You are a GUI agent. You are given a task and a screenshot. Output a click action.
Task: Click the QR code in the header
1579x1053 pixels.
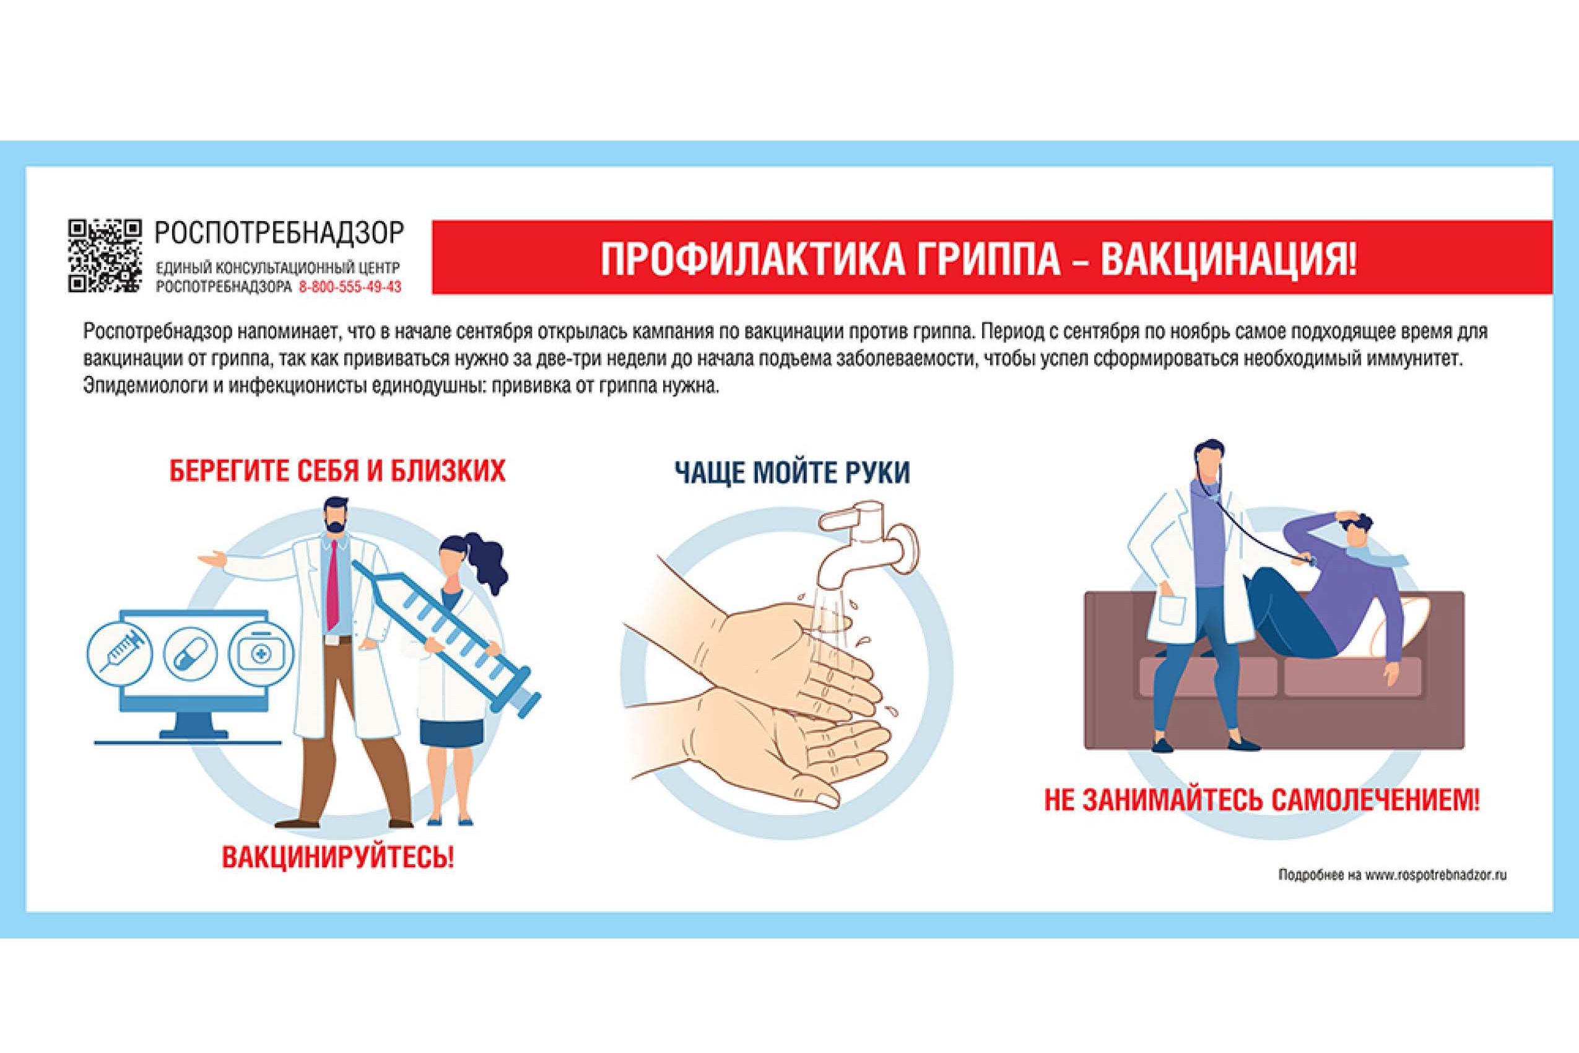coord(105,256)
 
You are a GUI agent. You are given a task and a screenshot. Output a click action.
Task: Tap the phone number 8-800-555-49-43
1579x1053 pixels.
coord(350,287)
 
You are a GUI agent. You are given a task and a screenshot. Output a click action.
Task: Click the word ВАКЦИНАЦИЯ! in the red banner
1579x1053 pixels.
coord(1229,258)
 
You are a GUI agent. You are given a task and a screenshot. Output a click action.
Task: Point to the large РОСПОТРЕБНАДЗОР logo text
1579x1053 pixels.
coord(279,232)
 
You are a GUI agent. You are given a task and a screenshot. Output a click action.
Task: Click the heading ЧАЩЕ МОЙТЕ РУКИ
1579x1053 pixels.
coord(792,472)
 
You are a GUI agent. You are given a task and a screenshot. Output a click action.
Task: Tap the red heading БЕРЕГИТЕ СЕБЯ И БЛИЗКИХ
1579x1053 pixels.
coord(337,471)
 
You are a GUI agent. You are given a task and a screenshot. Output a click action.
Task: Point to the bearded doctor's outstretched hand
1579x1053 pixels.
coord(212,559)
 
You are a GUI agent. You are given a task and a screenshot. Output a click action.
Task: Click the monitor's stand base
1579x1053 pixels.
coord(188,736)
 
